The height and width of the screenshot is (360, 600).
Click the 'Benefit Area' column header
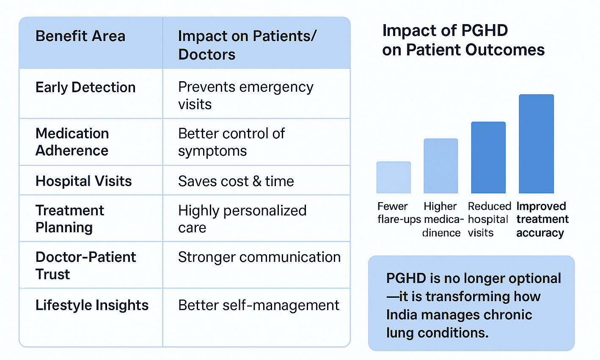(x=80, y=36)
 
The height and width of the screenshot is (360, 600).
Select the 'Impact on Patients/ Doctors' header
(x=247, y=45)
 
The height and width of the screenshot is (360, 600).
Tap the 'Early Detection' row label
(x=85, y=88)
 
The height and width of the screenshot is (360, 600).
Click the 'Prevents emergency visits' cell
(x=245, y=95)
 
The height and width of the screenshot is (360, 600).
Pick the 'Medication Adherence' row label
(x=72, y=142)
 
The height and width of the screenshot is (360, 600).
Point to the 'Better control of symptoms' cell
(x=231, y=142)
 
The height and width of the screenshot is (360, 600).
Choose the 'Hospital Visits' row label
(x=84, y=181)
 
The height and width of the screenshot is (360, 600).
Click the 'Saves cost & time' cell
(x=236, y=181)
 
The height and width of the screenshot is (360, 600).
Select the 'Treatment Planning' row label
(x=70, y=219)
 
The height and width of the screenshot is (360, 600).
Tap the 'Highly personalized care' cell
(x=242, y=219)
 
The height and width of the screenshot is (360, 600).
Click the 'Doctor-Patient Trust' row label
(x=85, y=265)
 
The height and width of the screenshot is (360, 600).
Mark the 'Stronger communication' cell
(x=259, y=257)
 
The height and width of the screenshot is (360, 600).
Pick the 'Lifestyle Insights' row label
(x=92, y=305)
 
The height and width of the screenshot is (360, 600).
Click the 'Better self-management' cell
(x=259, y=305)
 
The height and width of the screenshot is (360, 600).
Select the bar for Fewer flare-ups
(x=394, y=178)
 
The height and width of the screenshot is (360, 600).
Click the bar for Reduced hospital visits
(x=488, y=158)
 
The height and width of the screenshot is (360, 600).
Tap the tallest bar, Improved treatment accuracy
(x=536, y=144)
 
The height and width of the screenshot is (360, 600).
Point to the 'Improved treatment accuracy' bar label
(x=542, y=220)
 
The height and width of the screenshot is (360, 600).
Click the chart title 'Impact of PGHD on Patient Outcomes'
(x=463, y=40)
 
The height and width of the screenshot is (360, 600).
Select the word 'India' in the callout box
(x=402, y=315)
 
